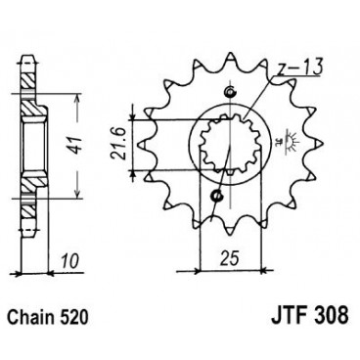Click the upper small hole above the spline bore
click(x=230, y=92)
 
